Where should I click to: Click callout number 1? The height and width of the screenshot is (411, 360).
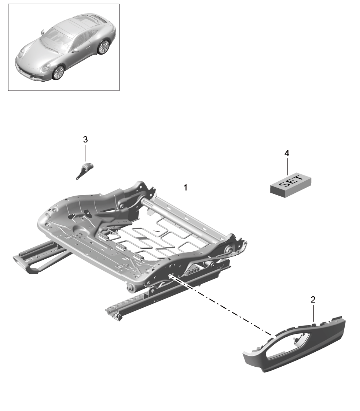coord(185,188)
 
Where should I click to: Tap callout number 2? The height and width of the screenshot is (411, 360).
coord(313,300)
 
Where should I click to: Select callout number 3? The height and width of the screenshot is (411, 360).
coord(85,140)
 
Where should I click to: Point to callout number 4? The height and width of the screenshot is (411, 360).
coord(287,153)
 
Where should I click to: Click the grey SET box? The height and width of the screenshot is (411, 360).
coord(291,185)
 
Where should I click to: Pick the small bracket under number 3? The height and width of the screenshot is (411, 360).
coord(84,170)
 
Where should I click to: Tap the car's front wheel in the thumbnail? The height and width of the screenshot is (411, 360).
coord(58,73)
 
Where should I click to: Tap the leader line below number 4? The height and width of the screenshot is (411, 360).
coord(287,166)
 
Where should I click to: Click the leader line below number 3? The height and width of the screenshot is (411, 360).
coord(85,152)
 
